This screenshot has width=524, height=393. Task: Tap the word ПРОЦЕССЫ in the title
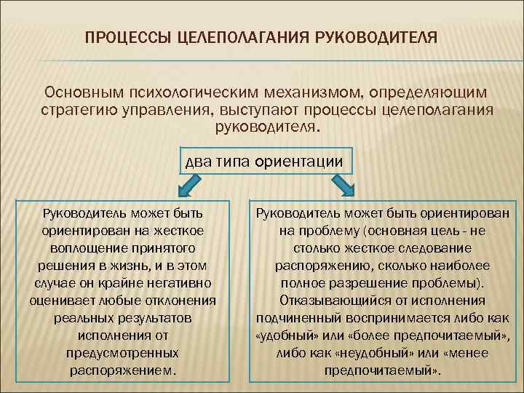(128, 37)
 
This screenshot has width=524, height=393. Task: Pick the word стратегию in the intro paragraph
(75, 111)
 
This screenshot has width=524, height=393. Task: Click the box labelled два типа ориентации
(265, 161)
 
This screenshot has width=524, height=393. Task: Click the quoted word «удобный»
(285, 335)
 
